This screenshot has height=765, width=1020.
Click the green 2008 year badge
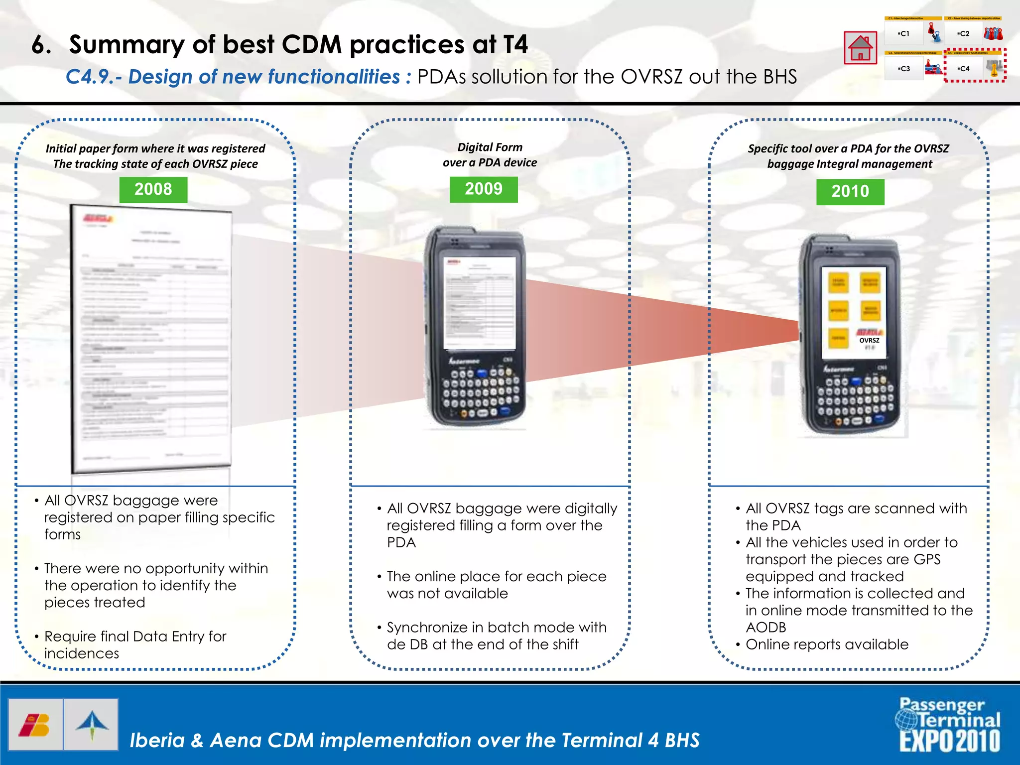point(153,190)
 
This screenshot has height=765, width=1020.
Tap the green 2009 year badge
point(484,189)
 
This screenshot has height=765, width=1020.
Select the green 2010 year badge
point(850,192)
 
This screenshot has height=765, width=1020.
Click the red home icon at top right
point(860,48)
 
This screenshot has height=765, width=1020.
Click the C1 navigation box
point(904,34)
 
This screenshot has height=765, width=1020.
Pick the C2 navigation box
point(964,34)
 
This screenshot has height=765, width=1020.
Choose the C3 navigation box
point(904,69)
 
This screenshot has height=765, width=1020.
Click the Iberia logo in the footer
point(35,725)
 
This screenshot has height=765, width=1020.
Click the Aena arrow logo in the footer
point(92,725)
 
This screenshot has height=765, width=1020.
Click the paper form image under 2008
point(152,339)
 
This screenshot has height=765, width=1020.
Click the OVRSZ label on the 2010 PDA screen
point(869,341)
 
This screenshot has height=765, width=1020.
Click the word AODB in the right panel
point(765,628)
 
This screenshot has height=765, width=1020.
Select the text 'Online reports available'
point(827,644)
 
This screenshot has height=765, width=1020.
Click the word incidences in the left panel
point(82,653)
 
